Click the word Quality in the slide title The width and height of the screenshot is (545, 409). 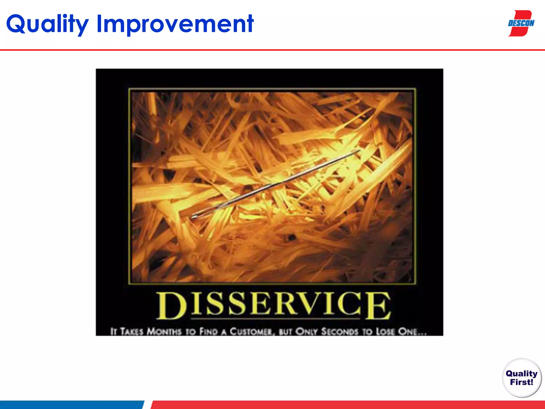(47, 24)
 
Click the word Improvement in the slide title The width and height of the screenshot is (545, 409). (175, 24)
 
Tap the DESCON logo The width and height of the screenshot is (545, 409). (521, 23)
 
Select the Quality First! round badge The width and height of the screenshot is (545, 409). (522, 378)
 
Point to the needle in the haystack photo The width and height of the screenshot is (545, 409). (274, 184)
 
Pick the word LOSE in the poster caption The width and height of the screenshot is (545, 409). (385, 332)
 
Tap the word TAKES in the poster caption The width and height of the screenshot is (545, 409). (132, 332)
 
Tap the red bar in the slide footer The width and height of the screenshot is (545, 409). (346, 405)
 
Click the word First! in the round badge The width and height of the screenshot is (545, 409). (522, 382)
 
